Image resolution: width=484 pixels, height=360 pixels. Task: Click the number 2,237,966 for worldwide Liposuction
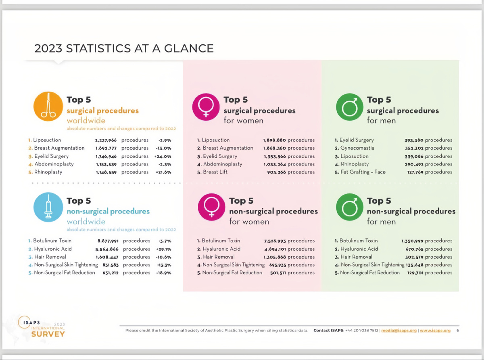coord(106,140)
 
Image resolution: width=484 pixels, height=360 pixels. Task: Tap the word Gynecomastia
coord(357,148)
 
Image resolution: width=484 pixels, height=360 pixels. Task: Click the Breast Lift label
coord(215,172)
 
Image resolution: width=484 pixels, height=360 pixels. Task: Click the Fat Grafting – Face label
coord(363,172)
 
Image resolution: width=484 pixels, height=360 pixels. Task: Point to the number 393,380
coord(414,140)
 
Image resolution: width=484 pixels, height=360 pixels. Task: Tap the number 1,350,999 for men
coord(412,241)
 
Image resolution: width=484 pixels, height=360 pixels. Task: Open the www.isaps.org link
coord(435,331)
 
